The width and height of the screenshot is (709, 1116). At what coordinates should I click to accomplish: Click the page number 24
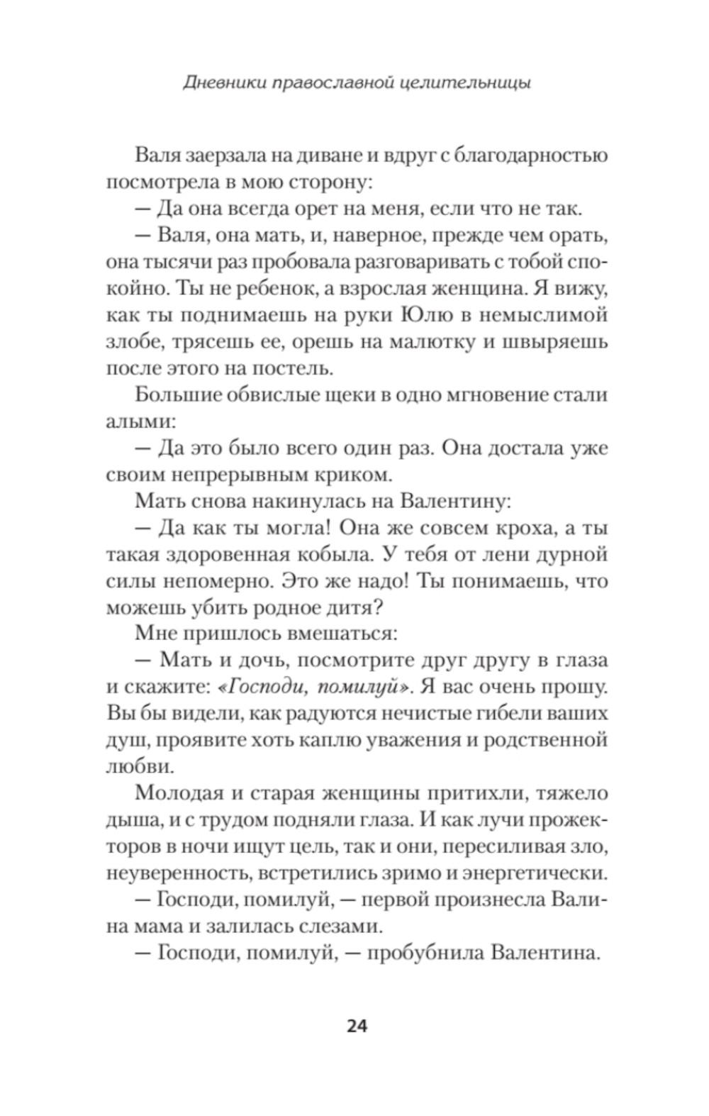[357, 1027]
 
